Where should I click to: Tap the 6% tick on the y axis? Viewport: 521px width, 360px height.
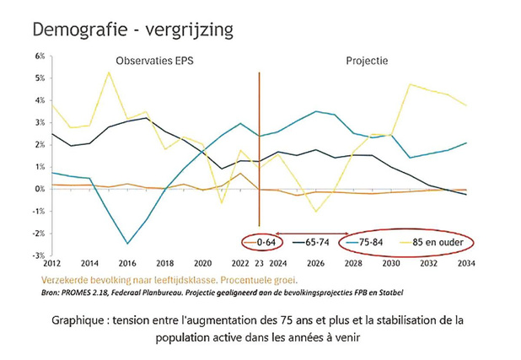click(x=40, y=56)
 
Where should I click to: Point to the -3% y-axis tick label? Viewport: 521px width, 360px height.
click(x=38, y=255)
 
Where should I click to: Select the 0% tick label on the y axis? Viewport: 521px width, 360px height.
click(x=40, y=189)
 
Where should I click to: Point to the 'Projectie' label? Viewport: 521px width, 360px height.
click(x=368, y=61)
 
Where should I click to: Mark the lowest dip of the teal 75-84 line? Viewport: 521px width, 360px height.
click(x=127, y=244)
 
